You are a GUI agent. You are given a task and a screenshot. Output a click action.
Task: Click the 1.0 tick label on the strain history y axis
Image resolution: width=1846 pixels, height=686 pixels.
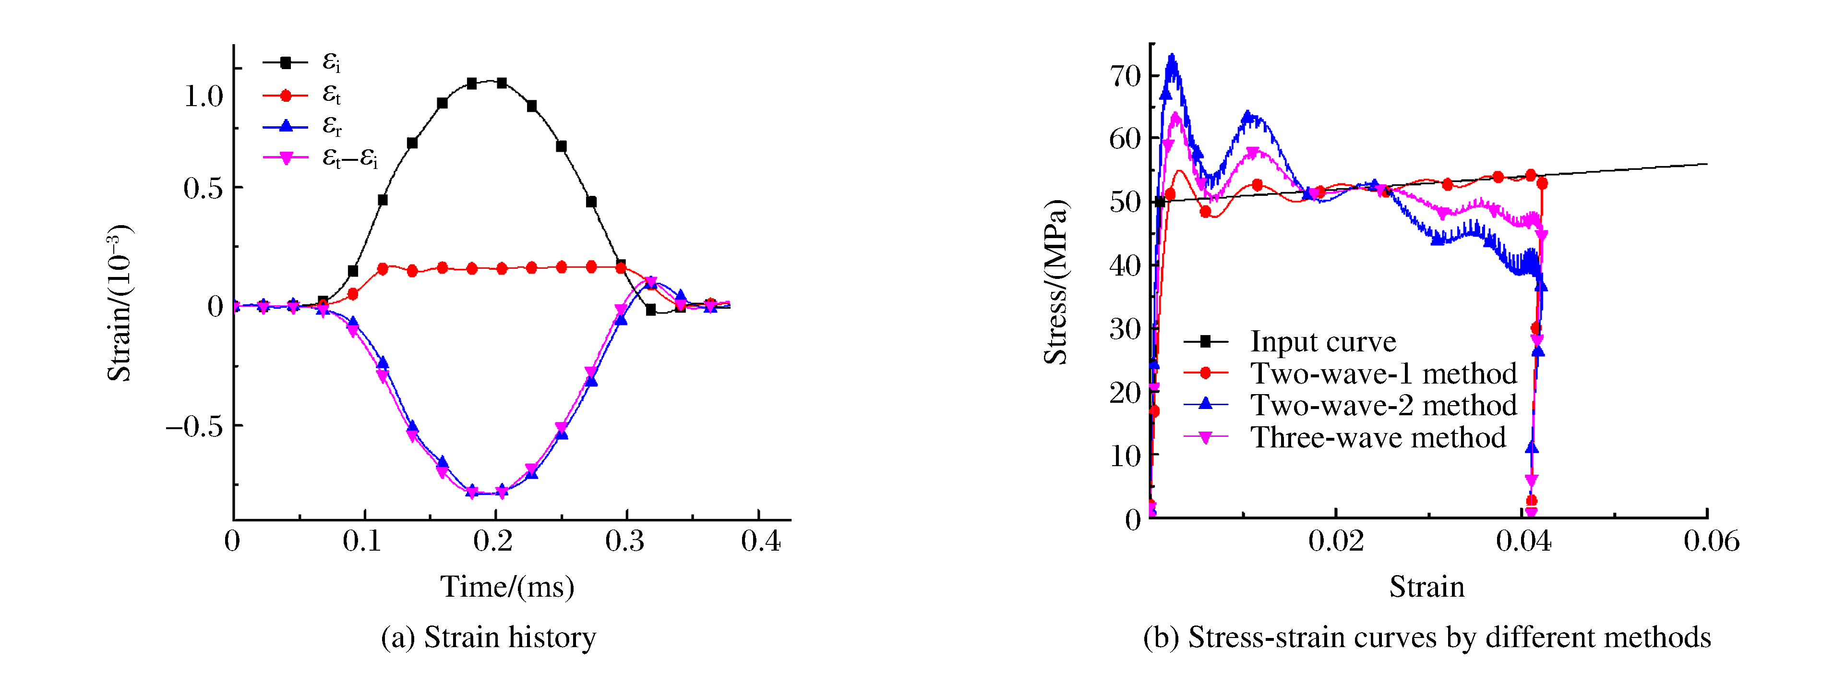[204, 96]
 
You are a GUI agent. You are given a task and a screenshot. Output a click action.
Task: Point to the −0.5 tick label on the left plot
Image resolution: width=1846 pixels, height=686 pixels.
[193, 426]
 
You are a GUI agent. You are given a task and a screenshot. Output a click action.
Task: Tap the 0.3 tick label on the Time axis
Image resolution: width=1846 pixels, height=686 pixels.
[625, 541]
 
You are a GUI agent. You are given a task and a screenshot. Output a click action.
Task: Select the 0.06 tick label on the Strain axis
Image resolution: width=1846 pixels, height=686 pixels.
[1711, 541]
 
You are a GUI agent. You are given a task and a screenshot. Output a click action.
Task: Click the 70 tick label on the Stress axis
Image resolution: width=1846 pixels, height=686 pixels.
[1125, 75]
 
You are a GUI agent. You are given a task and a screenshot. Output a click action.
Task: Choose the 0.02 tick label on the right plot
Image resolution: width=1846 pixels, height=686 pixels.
[1336, 541]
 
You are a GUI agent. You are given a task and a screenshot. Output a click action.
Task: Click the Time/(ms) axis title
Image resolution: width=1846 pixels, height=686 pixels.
[507, 587]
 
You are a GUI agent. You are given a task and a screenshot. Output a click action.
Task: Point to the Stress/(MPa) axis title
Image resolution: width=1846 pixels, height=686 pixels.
[1055, 282]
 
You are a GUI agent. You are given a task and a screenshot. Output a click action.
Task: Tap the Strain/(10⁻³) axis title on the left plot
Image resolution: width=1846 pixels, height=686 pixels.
[119, 303]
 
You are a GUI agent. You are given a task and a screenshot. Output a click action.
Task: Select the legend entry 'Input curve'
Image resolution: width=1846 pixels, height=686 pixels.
[1323, 342]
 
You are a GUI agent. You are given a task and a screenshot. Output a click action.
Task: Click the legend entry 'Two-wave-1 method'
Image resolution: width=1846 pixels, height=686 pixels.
[1383, 373]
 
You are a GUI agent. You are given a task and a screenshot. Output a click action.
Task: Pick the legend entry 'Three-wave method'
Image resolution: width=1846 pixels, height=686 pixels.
[1378, 437]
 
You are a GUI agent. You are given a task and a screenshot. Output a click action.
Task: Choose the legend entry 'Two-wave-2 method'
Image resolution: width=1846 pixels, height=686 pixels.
[1383, 406]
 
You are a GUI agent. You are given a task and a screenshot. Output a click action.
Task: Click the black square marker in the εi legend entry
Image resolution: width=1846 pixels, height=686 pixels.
[285, 63]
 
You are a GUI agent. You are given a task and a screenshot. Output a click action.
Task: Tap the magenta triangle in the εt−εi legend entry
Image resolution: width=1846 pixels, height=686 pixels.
[285, 158]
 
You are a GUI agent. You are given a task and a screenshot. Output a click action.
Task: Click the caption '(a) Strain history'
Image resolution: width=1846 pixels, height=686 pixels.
[488, 637]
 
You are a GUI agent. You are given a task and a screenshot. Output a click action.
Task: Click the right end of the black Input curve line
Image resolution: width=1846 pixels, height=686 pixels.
[1707, 164]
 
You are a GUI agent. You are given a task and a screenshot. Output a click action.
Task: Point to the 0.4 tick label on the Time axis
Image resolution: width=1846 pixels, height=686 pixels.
[760, 541]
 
